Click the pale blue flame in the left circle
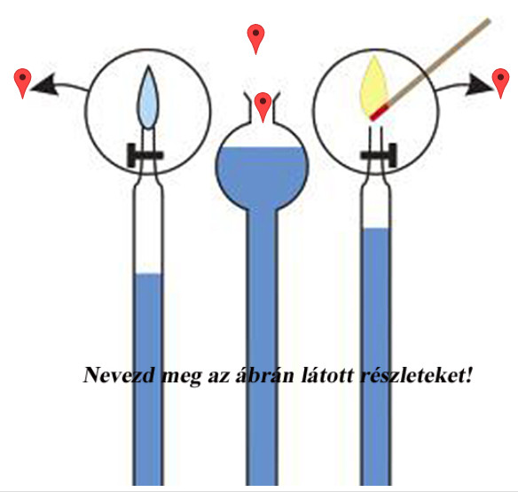[148, 98]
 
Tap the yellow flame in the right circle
[373, 88]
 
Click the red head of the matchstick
[380, 112]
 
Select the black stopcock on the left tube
[145, 155]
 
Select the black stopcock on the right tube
[379, 155]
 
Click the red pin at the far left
[22, 82]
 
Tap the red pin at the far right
[500, 82]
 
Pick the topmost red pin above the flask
[255, 38]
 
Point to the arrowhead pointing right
[478, 84]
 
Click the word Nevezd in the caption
[119, 375]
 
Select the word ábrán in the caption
[264, 375]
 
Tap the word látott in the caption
[327, 375]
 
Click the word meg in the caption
[181, 377]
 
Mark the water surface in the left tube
[148, 273]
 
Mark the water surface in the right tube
[376, 229]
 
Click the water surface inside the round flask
[262, 147]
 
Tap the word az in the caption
[219, 377]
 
